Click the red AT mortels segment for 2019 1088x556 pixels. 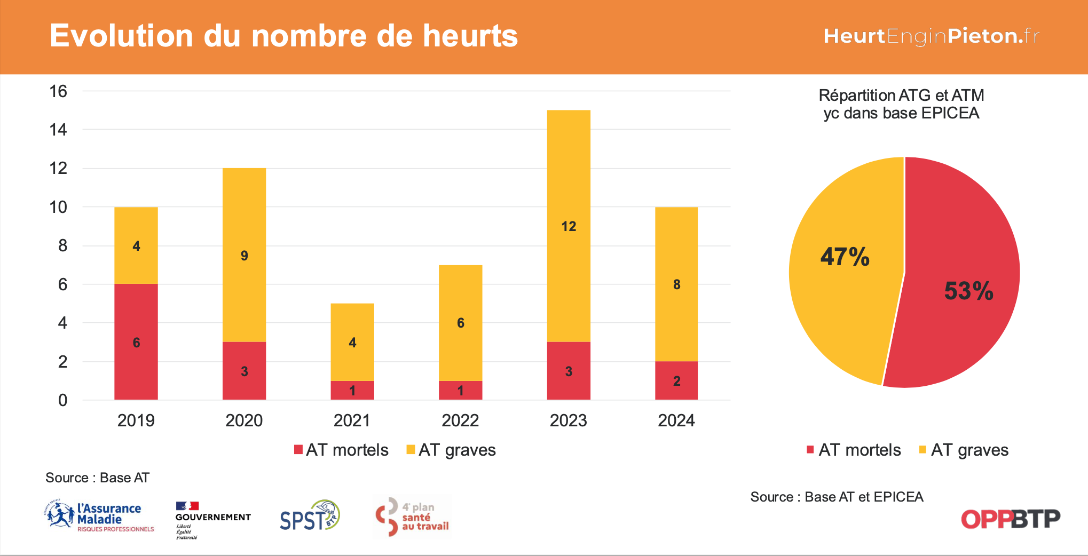click(136, 341)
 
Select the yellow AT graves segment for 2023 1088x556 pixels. click(569, 226)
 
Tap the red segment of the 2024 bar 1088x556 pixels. click(676, 380)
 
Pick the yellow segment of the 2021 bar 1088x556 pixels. click(352, 342)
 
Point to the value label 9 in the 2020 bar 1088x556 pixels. click(245, 256)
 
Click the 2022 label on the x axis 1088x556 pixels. click(460, 420)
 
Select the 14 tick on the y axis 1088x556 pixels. click(58, 130)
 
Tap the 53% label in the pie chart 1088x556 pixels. click(968, 291)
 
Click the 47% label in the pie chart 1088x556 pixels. click(845, 257)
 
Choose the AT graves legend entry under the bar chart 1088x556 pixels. click(451, 450)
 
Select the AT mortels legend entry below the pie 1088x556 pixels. click(854, 450)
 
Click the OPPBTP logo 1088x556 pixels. click(1011, 519)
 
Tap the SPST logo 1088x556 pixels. click(310, 516)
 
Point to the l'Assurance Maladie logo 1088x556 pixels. click(99, 516)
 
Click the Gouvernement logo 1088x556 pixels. click(212, 519)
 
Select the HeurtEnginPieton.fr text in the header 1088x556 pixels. click(931, 36)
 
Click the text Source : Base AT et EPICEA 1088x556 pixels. click(837, 497)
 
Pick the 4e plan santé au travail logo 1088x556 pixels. click(412, 517)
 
